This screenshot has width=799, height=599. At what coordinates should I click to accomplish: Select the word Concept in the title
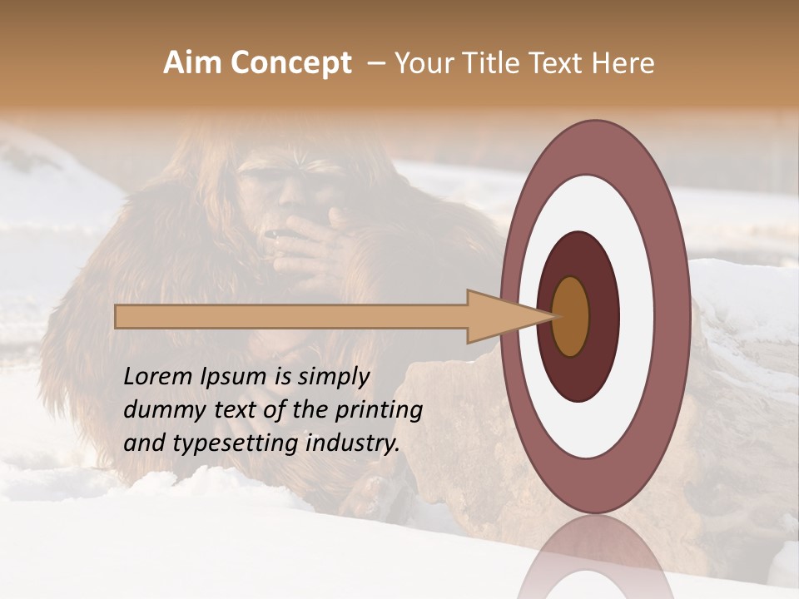(290, 63)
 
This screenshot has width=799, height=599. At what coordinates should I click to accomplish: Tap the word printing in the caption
(378, 410)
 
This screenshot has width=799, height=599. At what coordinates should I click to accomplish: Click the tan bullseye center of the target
(571, 317)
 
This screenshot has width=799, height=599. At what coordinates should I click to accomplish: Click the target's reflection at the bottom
(595, 562)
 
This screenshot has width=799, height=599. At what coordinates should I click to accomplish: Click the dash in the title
(375, 63)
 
